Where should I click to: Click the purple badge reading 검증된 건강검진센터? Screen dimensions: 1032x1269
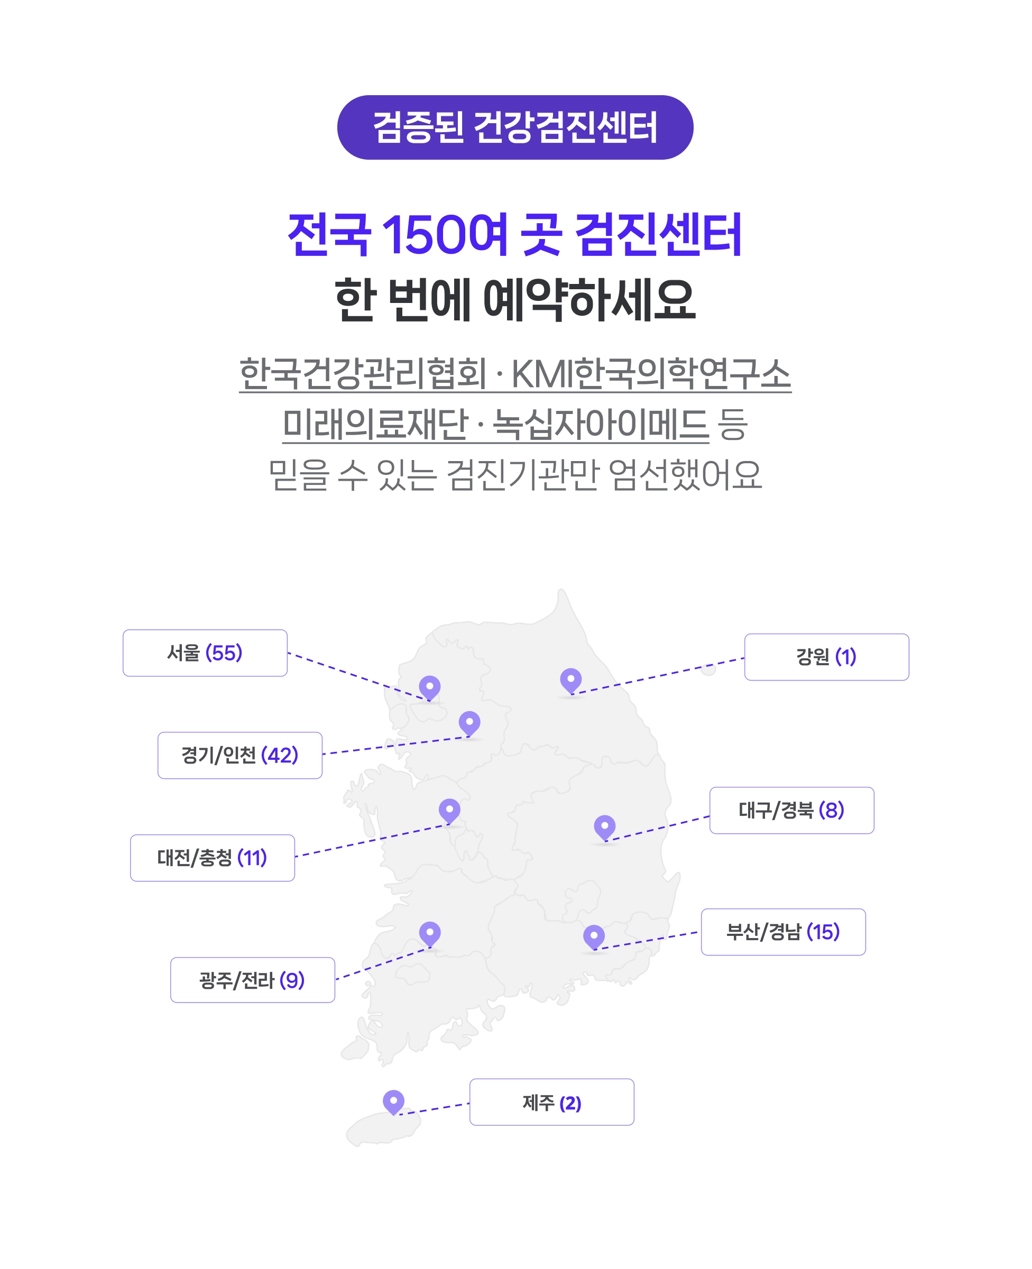(x=515, y=127)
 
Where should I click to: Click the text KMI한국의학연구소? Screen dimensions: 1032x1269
(x=650, y=373)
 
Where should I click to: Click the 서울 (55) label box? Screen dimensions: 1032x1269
(x=205, y=652)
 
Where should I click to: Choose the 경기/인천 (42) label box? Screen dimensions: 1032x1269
(x=239, y=755)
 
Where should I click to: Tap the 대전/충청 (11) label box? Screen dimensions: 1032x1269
(x=212, y=858)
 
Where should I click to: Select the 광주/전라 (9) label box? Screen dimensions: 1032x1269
(x=252, y=980)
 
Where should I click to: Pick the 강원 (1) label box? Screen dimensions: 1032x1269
(x=826, y=657)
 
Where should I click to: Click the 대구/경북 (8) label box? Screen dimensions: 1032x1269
(x=791, y=810)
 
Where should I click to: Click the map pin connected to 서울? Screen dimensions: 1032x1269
(x=429, y=687)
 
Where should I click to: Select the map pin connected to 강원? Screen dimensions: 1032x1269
(x=570, y=679)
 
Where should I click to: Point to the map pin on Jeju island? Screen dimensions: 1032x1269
(x=393, y=1101)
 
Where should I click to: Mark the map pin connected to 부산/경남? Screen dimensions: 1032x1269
(x=594, y=936)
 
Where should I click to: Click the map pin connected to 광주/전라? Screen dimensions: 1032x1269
(x=430, y=933)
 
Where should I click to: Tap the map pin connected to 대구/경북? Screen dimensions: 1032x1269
(x=605, y=826)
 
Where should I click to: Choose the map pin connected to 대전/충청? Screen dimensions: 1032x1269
(x=449, y=810)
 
